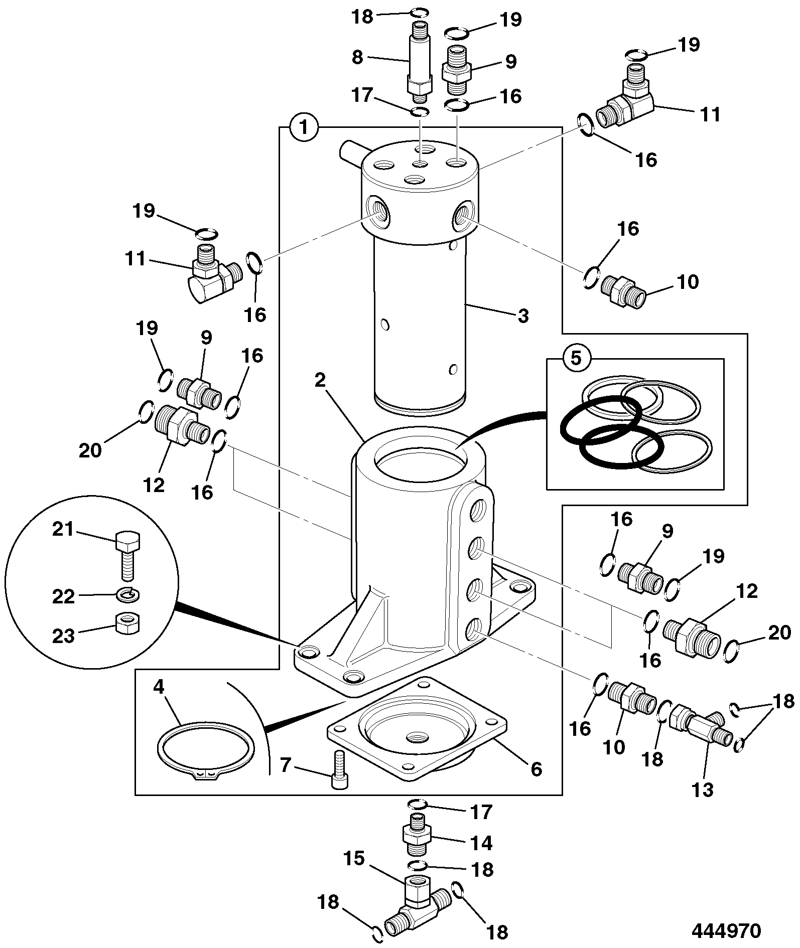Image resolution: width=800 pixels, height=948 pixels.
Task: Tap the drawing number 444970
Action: tap(726, 931)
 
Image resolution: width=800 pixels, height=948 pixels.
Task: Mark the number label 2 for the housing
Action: tap(321, 380)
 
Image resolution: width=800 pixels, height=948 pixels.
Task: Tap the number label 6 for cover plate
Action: tap(536, 768)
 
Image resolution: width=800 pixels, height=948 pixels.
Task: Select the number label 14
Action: tap(480, 843)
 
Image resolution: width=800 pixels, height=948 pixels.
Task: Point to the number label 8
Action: tap(357, 57)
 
